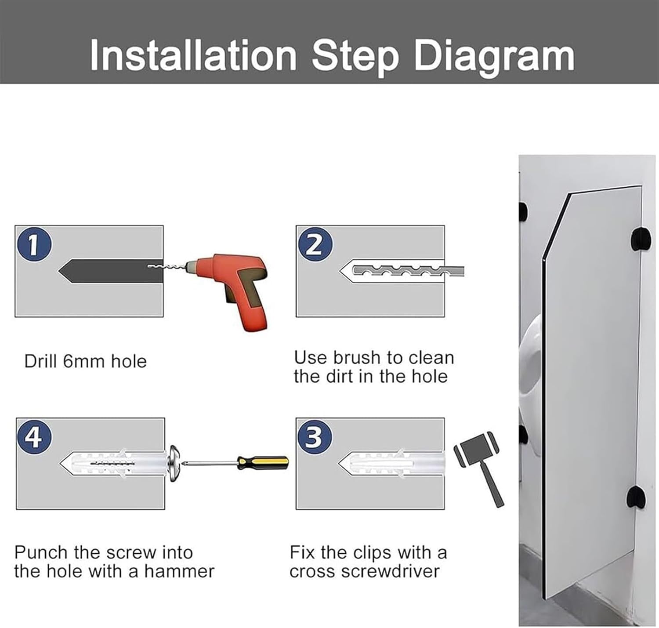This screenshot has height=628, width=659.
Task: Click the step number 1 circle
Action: [x=34, y=244]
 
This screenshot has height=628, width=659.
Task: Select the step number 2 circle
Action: [x=315, y=244]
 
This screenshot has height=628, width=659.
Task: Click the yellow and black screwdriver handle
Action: [x=263, y=462]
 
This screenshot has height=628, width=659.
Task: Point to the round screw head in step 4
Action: [x=174, y=463]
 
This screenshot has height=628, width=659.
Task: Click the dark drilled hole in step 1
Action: [x=111, y=271]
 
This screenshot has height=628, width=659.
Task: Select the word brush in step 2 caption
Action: [x=357, y=357]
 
